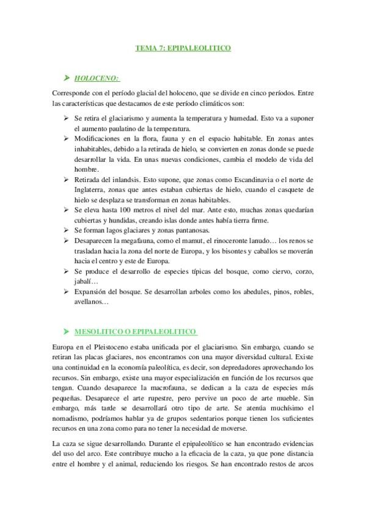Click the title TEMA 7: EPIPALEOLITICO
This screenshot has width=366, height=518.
183,47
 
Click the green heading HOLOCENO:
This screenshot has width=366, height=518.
97,78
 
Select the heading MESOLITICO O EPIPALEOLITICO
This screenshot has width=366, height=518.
135,332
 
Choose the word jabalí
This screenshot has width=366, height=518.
84,281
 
